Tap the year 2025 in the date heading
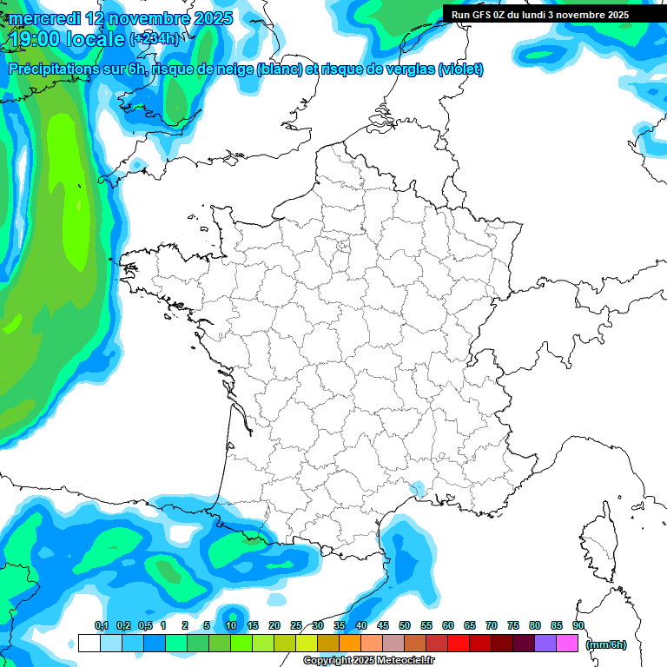pos(207,18)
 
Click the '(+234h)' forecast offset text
pos(155,38)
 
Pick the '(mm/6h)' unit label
pos(606,644)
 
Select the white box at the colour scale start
pos(89,644)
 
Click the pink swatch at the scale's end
pos(567,644)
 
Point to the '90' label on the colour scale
pos(578,625)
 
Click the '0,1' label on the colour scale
pos(101,625)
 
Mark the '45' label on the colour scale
pos(383,625)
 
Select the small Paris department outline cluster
pos(342,250)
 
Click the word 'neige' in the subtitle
pos(233,69)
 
